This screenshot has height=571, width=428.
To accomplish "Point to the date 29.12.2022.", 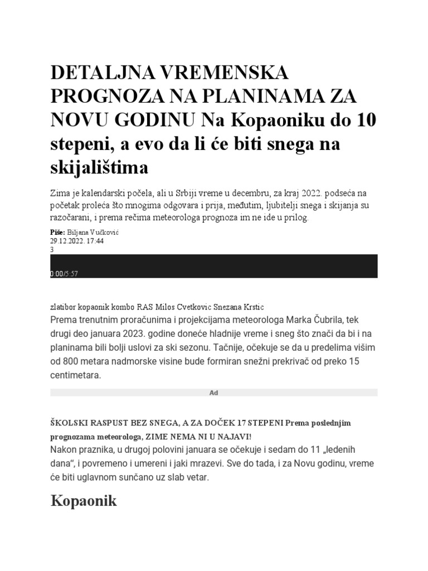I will [x=67, y=241].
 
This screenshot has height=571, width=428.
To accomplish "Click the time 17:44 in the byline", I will [x=95, y=241].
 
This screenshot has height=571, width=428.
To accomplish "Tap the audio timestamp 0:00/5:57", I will [x=64, y=273].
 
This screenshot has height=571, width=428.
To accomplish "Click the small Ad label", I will [x=213, y=393].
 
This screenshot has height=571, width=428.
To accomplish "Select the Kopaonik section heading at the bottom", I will [x=84, y=500].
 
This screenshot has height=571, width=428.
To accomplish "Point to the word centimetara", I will [x=76, y=376].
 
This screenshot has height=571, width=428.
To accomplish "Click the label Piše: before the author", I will [x=57, y=232].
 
